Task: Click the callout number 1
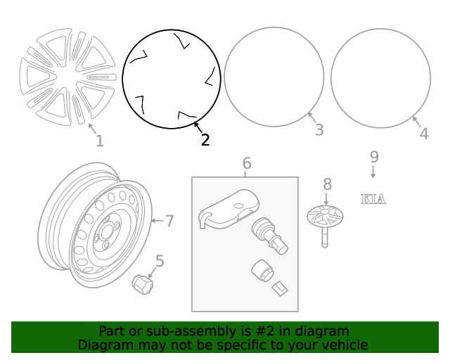point(99,141)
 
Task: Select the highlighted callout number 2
point(205,140)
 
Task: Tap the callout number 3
point(319,130)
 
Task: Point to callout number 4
point(423,133)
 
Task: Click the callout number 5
point(160,262)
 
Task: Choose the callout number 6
point(247,164)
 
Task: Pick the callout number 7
point(169,221)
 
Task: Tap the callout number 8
point(327,184)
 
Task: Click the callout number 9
point(374,156)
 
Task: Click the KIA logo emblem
point(373,199)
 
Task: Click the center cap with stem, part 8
point(324,218)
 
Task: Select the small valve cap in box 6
point(260,271)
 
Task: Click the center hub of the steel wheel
point(108,233)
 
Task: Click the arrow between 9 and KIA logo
point(373,172)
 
